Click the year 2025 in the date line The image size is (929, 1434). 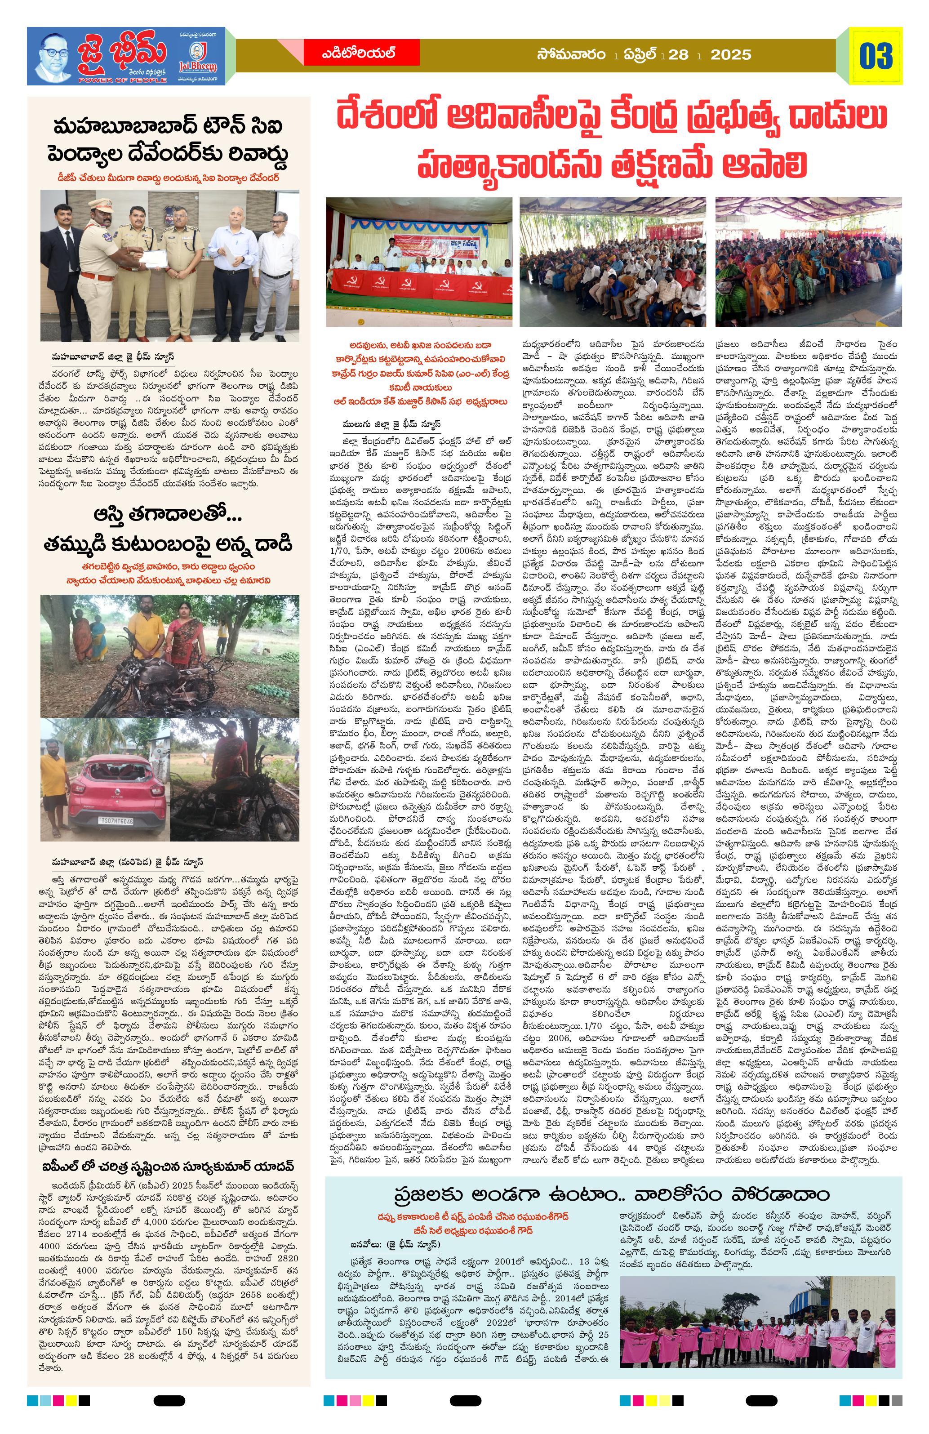(731, 55)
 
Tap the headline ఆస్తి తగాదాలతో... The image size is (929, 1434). (169, 515)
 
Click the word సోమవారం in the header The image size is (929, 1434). (572, 55)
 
